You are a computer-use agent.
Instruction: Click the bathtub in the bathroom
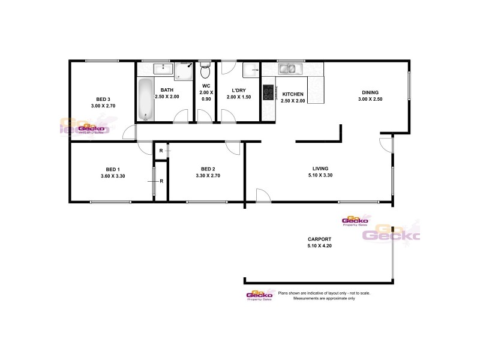coord(146,100)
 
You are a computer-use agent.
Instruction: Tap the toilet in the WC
coord(205,72)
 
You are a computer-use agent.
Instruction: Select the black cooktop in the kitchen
coord(268,92)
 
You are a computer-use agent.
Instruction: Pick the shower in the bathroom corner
coord(185,71)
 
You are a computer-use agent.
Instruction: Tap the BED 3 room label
coord(103,99)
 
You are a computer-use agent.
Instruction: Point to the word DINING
coord(370,92)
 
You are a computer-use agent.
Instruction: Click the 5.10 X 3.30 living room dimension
coord(319,176)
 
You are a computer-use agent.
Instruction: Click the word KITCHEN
coord(293,94)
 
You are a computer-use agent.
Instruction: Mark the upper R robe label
coord(160,151)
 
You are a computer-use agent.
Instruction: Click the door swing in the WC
coord(206,116)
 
